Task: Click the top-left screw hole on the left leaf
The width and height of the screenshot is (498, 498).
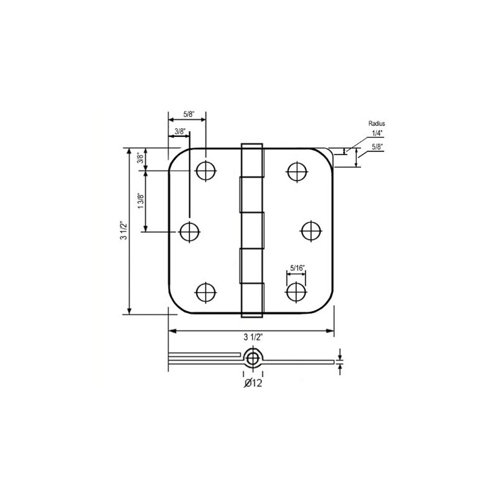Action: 206,171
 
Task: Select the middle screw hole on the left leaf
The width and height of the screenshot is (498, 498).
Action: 190,232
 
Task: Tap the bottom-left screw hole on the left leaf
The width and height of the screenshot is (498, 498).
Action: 206,292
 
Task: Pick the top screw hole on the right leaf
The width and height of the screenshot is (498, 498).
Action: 298,172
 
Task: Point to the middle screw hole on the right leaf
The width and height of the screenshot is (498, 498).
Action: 311,231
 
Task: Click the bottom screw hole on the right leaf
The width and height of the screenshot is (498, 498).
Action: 296,292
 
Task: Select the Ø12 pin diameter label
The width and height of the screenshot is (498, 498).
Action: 253,383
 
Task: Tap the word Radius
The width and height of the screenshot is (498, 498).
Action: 377,123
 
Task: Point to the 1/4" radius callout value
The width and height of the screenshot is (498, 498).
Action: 377,133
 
